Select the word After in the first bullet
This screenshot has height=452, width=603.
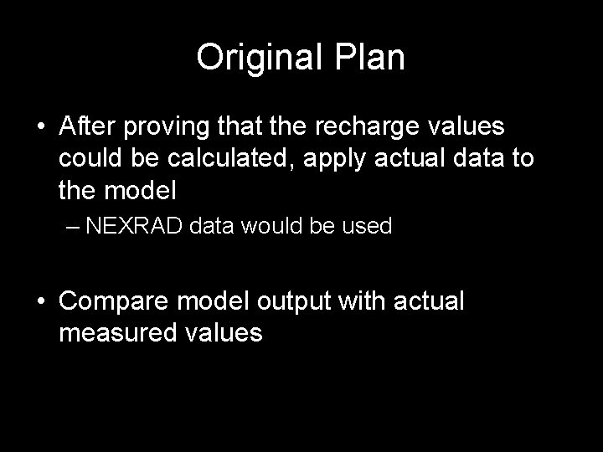[86, 126]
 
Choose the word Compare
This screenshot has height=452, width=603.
[113, 301]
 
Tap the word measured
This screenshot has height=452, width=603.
[116, 333]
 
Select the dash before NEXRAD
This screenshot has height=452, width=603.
[73, 227]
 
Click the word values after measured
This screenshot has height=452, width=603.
[221, 333]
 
